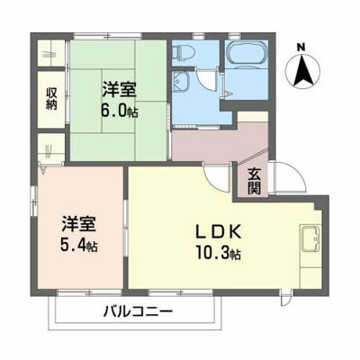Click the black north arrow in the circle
point(301,69)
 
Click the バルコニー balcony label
point(136,314)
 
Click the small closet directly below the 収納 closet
point(49,148)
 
